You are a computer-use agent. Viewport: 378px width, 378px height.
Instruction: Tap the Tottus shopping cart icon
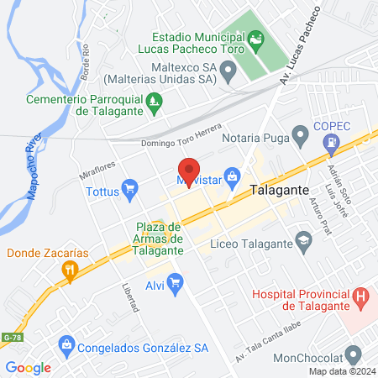[129, 188]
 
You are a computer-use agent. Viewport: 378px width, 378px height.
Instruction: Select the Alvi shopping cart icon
[175, 283]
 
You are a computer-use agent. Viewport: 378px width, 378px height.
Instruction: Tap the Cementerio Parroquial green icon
[154, 105]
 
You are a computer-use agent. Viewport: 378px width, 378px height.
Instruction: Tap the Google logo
[28, 367]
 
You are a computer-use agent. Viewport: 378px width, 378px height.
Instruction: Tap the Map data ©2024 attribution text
[340, 371]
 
